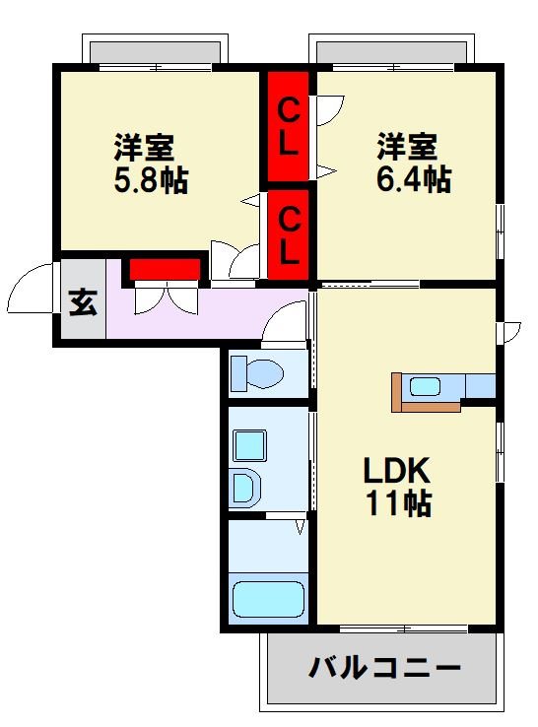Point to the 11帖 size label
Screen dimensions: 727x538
[x=398, y=504]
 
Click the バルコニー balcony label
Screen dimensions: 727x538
[x=384, y=670]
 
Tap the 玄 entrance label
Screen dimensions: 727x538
[x=83, y=302]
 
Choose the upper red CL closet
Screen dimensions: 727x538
[x=287, y=125]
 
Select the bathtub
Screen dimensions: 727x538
[x=268, y=598]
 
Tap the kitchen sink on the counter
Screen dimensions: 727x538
[x=426, y=386]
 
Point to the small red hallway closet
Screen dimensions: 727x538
[x=164, y=268]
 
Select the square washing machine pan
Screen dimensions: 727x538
[x=248, y=446]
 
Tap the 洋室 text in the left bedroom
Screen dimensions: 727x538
[x=144, y=148]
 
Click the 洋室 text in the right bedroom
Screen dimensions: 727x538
[x=407, y=148]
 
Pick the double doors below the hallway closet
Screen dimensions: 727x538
[x=165, y=297]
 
